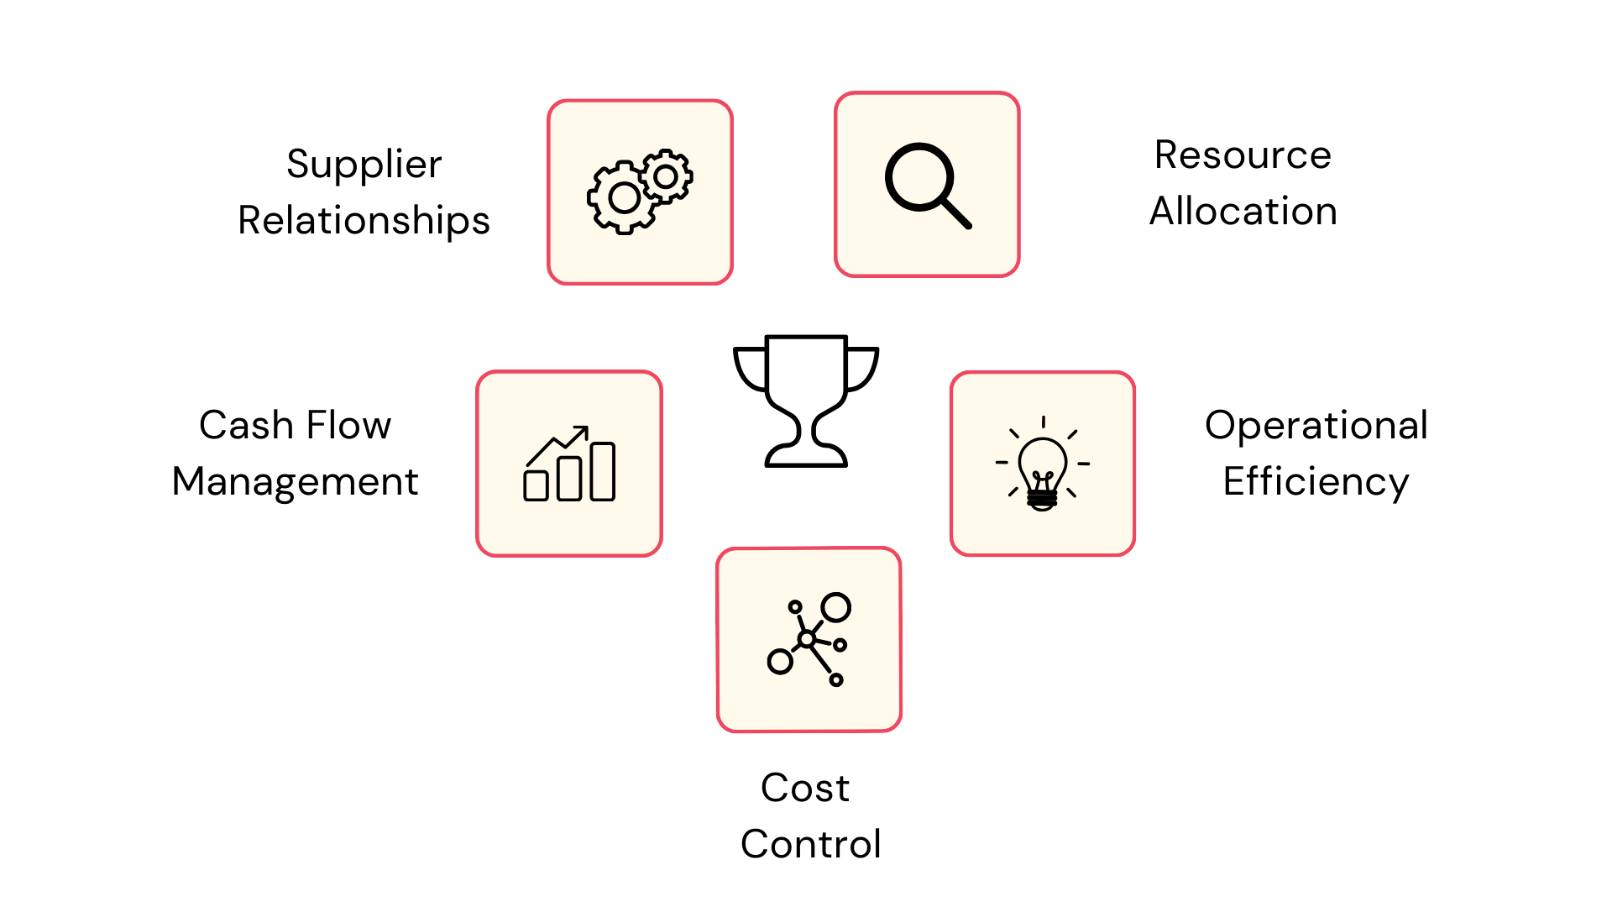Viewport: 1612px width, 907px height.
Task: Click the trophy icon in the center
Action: coord(806,401)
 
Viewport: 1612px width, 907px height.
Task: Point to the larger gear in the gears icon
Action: coord(624,198)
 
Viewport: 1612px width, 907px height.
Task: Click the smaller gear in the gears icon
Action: coord(666,176)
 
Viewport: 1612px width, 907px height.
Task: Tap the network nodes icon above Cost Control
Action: coord(809,640)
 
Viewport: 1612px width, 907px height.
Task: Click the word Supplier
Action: coord(364,165)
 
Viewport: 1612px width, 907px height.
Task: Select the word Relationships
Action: coord(364,221)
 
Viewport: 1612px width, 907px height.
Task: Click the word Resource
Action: coord(1243,155)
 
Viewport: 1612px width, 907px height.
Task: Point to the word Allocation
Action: coord(1243,212)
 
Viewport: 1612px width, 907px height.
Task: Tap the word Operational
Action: coord(1316,426)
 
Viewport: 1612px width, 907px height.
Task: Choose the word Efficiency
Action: coord(1316,482)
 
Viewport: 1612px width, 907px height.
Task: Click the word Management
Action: coord(295,482)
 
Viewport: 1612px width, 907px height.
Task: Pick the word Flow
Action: coord(348,426)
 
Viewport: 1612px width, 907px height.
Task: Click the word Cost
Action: coord(805,789)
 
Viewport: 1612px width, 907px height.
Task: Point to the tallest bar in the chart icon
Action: coord(603,472)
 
